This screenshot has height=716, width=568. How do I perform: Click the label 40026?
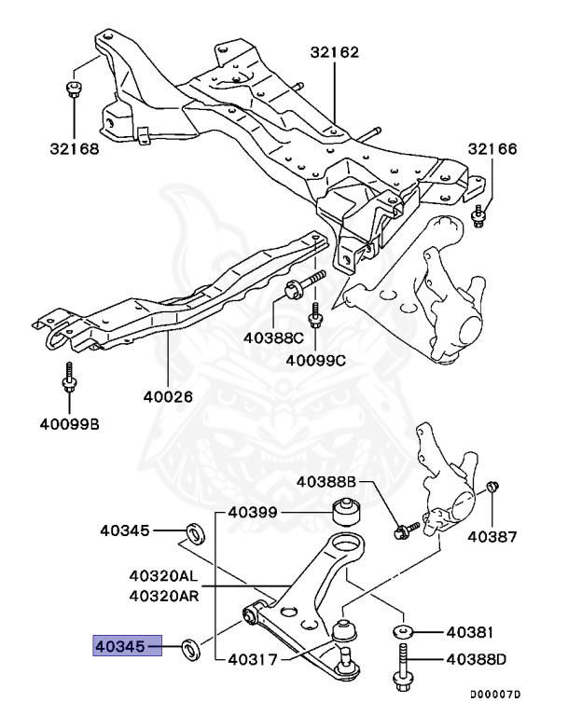click(x=167, y=395)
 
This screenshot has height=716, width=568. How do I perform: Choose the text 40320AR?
click(x=163, y=595)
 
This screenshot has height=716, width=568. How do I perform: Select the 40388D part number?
click(x=477, y=660)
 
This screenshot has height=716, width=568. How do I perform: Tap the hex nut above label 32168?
click(x=74, y=89)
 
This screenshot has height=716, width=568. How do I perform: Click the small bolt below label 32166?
click(x=478, y=216)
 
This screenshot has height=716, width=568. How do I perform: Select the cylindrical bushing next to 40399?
click(x=348, y=512)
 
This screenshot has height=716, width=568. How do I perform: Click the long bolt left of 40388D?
click(x=406, y=674)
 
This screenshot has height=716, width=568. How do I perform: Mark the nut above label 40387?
click(x=492, y=488)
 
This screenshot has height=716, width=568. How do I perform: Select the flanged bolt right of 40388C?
click(x=302, y=284)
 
